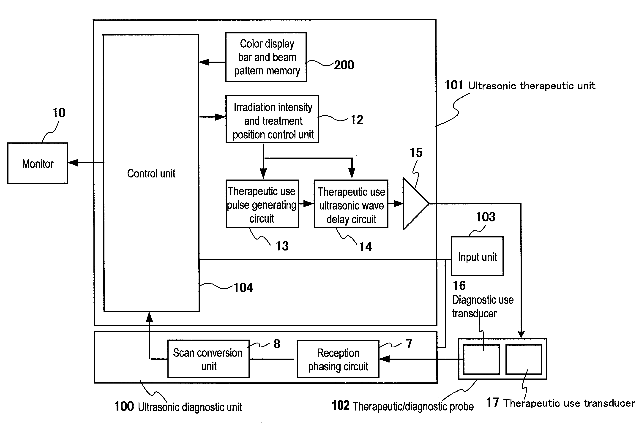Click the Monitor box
tap(38, 163)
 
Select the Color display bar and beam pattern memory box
tap(266, 57)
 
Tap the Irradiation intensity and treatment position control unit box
tap(272, 119)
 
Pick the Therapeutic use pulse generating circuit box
tap(262, 204)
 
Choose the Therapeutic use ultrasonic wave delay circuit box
tap(351, 204)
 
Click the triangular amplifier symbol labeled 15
tap(414, 204)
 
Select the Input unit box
tap(477, 256)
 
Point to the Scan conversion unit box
tap(208, 359)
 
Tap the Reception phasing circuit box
tap(338, 359)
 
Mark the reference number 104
tap(243, 288)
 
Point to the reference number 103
tap(486, 217)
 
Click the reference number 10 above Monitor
tap(59, 113)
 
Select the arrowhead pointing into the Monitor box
tap(73, 163)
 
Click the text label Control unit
tap(151, 174)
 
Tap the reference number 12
tap(357, 120)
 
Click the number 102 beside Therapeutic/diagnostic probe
tap(340, 406)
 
